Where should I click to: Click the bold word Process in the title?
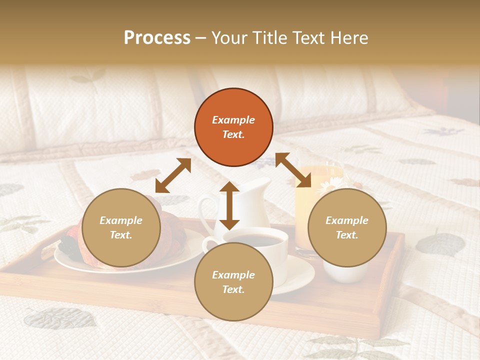click(157, 38)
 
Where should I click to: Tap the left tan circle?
click(121, 227)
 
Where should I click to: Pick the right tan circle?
click(347, 227)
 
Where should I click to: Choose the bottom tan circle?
click(233, 282)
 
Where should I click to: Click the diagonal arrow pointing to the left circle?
click(173, 175)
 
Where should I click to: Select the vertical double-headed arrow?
click(229, 205)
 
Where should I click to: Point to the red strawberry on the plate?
click(72, 233)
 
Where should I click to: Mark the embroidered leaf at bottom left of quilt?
click(60, 317)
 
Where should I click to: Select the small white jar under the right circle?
click(345, 272)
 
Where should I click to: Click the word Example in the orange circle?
click(233, 120)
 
